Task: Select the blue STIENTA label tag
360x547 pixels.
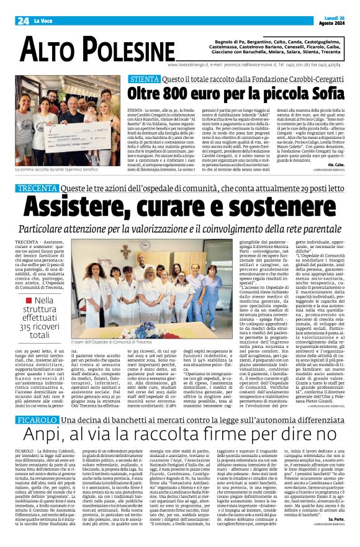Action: pyautogui.click(x=144, y=79)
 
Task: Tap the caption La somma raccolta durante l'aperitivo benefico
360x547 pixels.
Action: pyautogui.click(x=57, y=169)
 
